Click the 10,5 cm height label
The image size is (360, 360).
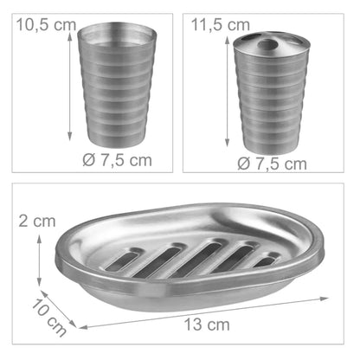point(46,25)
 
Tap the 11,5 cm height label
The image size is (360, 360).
point(221,25)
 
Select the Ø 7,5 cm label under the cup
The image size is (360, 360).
point(117,160)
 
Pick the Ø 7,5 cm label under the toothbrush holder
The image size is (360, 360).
point(272,164)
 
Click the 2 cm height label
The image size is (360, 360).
point(37,222)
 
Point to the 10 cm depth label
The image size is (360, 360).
point(48,318)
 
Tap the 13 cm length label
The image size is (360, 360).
point(207,325)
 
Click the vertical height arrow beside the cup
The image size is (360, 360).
point(69,87)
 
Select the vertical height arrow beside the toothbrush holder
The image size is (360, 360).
point(228,92)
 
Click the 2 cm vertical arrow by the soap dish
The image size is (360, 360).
point(39,260)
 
